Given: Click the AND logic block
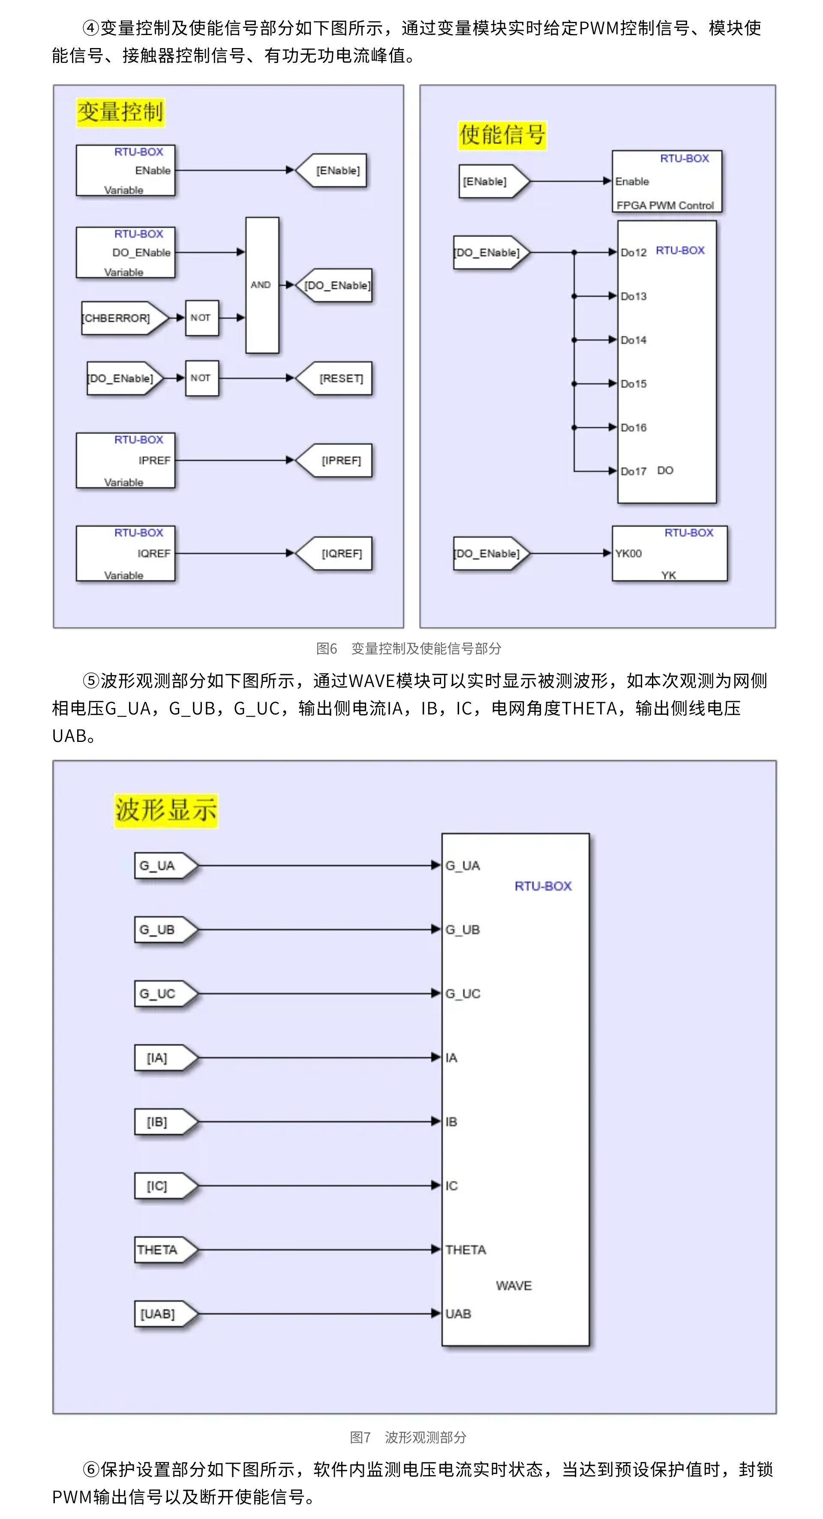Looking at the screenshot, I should click(262, 285).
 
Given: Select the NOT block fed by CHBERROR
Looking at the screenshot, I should click(201, 318).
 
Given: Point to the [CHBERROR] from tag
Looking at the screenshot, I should click(120, 318).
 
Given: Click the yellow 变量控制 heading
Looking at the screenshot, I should click(120, 112).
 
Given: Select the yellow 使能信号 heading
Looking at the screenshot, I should click(502, 135).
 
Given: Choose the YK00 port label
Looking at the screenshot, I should click(628, 554).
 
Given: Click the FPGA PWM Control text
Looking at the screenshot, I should click(664, 205).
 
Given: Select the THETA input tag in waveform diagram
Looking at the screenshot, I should click(161, 1250).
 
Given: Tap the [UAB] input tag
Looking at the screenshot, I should click(161, 1314).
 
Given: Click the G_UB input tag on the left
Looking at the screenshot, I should click(161, 930).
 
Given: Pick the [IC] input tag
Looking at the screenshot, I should click(161, 1186).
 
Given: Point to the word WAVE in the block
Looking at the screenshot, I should click(514, 1286).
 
